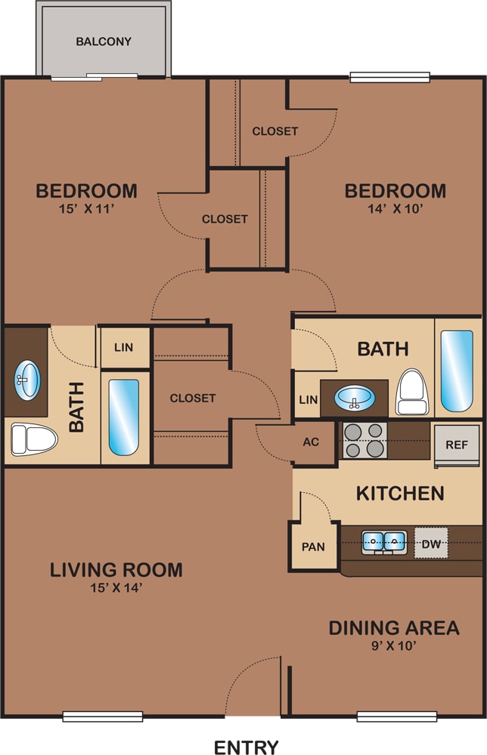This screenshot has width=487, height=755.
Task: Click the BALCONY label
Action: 104,42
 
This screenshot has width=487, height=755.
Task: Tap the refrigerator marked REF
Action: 457,445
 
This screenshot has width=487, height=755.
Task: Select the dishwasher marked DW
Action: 431,544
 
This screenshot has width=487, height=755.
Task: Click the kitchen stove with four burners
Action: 364,440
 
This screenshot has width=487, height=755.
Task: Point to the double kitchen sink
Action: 384,542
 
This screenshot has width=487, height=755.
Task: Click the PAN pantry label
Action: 313,547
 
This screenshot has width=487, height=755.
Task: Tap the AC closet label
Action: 311,442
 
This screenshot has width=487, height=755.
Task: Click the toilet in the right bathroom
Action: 412,392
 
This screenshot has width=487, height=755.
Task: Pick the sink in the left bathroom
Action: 27,381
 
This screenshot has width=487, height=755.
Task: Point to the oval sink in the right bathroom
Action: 355,398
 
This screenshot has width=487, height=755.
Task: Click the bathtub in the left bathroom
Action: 124,418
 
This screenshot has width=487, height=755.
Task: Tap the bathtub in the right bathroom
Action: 457,371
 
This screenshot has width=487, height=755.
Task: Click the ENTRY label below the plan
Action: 247,747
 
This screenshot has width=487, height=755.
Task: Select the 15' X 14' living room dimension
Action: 116,588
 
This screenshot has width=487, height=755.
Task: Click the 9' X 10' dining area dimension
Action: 394,646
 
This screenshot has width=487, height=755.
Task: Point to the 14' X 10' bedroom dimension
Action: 395,209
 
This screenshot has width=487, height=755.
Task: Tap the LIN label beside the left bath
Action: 124,347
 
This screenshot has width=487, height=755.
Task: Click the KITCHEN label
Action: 400,494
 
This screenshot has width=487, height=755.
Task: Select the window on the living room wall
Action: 103,716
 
